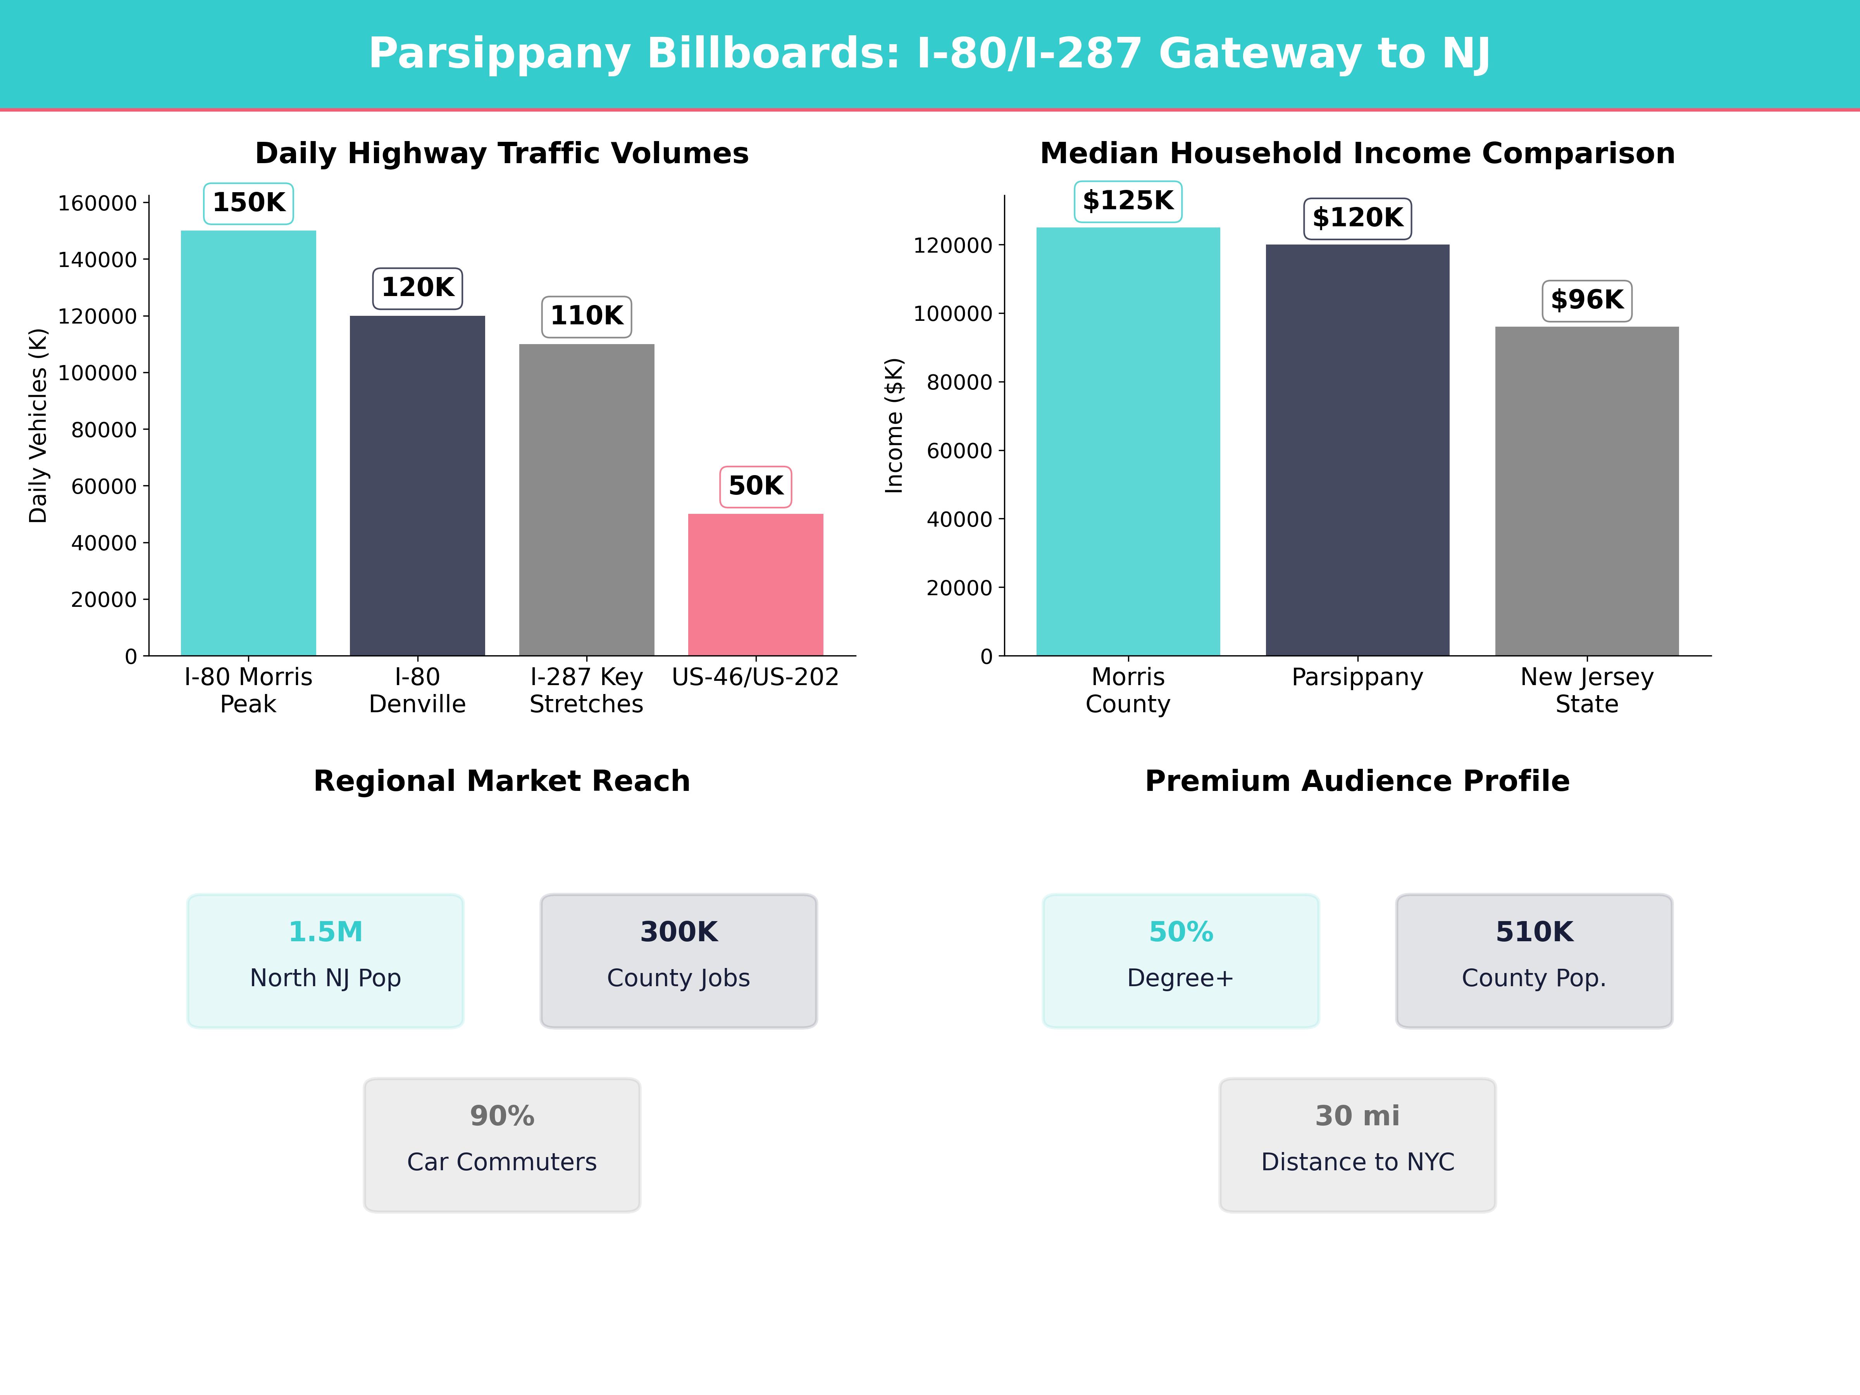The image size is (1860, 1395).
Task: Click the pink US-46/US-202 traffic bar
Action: pos(755,584)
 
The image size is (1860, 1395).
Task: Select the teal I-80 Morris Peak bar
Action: pos(248,443)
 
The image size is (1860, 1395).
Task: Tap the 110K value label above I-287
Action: pos(586,316)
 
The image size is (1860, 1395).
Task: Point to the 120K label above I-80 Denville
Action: pos(417,288)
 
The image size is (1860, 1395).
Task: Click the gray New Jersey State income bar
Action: pos(1586,491)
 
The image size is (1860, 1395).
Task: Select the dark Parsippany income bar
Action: pos(1357,450)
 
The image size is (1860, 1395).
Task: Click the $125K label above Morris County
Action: pos(1128,201)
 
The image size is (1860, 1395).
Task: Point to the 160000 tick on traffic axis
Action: pos(97,203)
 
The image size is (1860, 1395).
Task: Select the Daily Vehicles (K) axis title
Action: pos(38,425)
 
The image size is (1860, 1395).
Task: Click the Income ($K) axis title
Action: pos(894,425)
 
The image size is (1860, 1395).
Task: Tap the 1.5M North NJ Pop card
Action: pos(325,960)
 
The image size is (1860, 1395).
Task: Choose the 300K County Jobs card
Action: pos(679,960)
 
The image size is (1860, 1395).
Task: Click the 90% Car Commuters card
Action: pos(502,1144)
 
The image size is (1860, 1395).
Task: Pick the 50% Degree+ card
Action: pos(1181,960)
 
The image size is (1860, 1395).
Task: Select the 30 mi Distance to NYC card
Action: pos(1357,1144)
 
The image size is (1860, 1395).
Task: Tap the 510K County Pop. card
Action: pos(1534,960)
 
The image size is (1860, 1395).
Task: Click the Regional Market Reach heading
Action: pos(502,781)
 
